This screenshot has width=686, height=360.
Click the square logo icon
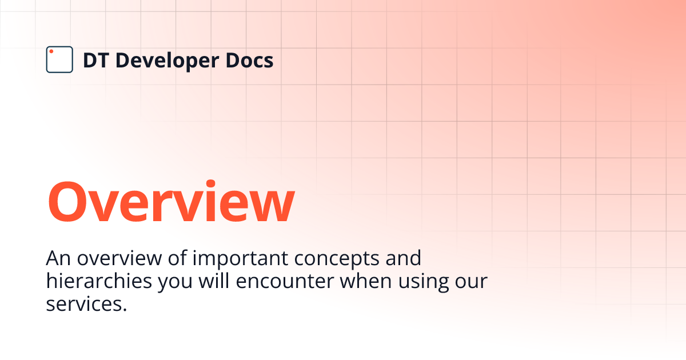pos(59,59)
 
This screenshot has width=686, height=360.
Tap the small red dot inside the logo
pos(51,52)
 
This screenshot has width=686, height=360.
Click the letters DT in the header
pos(95,60)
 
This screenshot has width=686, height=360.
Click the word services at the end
pos(86,305)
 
